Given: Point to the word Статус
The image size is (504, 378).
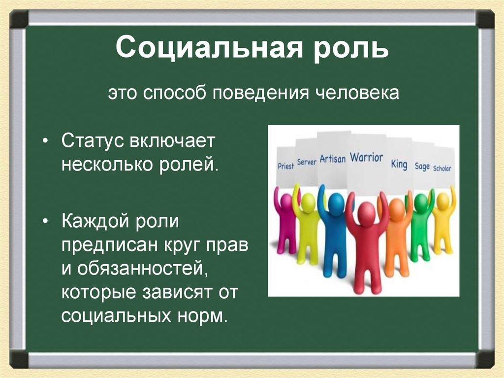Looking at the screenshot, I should tap(93, 141).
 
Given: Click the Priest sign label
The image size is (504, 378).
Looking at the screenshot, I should tap(285, 166).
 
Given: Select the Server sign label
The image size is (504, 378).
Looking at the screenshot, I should tap(307, 162).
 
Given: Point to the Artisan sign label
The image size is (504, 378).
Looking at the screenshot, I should tap(332, 159).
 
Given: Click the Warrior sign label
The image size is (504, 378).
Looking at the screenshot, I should tap(366, 158).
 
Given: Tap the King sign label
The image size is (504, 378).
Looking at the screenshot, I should tap(399, 164).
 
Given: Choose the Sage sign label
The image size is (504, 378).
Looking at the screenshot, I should tap(422, 167).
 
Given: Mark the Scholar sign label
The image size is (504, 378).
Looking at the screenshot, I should tap(442, 168).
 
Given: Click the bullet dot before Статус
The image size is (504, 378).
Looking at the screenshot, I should tap(45, 142).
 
